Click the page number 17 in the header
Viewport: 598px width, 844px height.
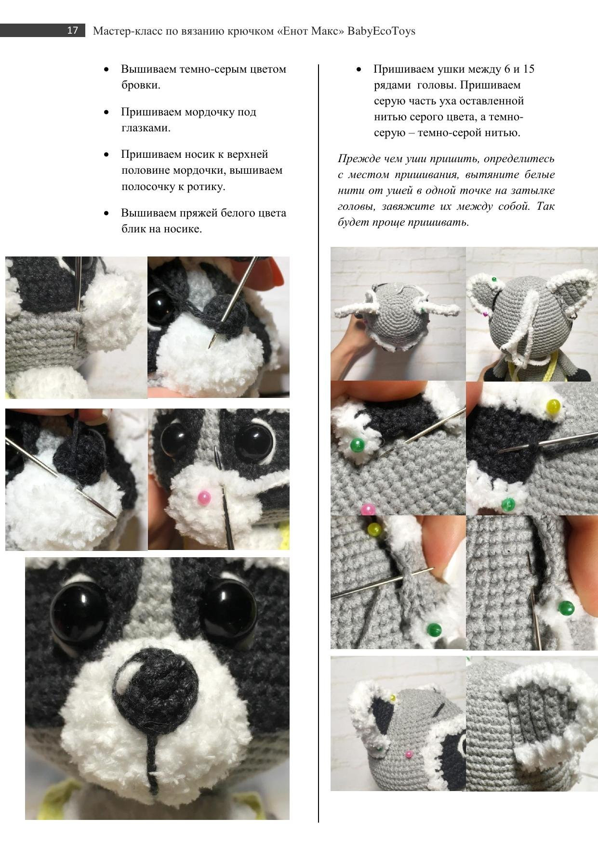(72, 31)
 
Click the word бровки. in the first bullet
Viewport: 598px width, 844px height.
(141, 85)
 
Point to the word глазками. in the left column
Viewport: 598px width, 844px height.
(146, 128)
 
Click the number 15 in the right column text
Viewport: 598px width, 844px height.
(528, 69)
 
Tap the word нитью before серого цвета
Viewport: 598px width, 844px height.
(390, 117)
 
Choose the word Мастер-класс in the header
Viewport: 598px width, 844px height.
(127, 31)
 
